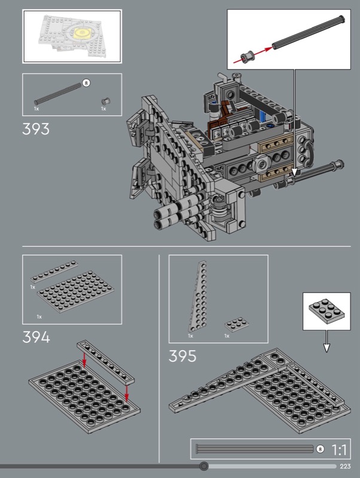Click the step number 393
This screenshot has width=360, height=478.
[x=36, y=129]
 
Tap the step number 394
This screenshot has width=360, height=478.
[x=36, y=338]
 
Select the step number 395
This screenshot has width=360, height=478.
[x=182, y=356]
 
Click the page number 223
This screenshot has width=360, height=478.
[x=345, y=466]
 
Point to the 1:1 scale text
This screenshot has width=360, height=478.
[x=338, y=450]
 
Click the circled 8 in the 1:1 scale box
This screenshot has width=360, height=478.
[x=320, y=449]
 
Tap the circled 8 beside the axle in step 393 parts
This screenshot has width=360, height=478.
[x=86, y=82]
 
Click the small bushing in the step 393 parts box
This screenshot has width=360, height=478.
[x=106, y=101]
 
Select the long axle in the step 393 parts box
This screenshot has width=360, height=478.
[x=58, y=94]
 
